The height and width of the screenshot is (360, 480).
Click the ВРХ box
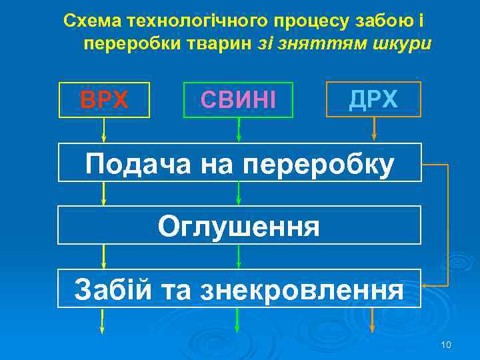click(x=104, y=100)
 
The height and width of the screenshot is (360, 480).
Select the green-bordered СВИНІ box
click(x=238, y=100)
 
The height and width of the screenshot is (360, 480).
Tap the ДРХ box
click(x=373, y=99)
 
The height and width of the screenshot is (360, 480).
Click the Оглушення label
click(x=239, y=226)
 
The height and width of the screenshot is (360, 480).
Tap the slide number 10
click(x=446, y=345)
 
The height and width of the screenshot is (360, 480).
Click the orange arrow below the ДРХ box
click(x=375, y=129)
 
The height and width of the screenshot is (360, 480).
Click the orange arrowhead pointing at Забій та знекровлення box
click(x=427, y=283)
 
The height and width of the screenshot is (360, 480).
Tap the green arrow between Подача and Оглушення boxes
click(x=238, y=193)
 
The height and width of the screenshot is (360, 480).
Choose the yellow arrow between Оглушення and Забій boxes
click(x=103, y=257)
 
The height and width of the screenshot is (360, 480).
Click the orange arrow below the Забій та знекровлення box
click(x=373, y=320)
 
